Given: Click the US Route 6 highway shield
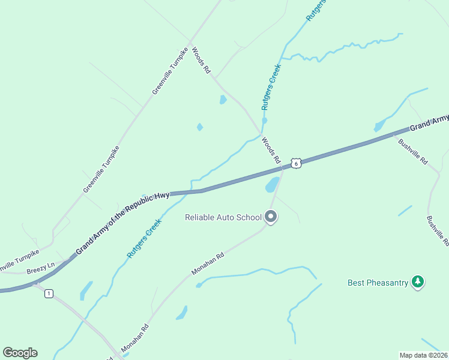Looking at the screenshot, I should [x=295, y=163].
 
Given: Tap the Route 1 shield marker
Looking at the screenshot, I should [x=49, y=293].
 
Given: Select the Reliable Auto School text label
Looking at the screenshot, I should [x=223, y=217].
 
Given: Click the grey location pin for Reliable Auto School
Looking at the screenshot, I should [x=271, y=217].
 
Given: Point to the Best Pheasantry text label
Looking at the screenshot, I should [x=378, y=282].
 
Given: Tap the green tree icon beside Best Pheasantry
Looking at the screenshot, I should [x=418, y=281].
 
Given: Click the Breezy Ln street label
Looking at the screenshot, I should [x=40, y=268].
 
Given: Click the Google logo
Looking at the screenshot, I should [x=20, y=352].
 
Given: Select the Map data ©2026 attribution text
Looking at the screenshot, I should [x=423, y=355].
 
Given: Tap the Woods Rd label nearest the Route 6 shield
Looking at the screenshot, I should [x=271, y=151].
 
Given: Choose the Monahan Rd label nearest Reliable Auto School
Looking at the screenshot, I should [x=208, y=263].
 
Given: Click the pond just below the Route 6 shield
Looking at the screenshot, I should [x=272, y=184].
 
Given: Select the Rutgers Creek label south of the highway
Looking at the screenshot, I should [x=145, y=238].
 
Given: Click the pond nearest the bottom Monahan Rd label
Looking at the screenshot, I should [x=181, y=313].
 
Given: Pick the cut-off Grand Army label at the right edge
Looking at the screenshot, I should [x=429, y=122].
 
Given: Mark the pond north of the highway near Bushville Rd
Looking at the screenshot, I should [x=379, y=125].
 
